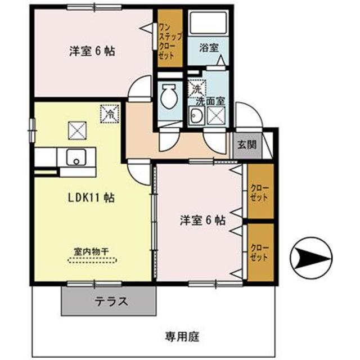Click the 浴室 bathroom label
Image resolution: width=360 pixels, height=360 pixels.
point(209,48)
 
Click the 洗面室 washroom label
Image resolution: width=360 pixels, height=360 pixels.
point(210,101)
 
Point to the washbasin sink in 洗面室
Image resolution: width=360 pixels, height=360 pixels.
point(196,117)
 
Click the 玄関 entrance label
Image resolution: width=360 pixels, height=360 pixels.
point(246,144)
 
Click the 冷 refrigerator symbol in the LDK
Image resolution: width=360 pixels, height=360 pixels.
point(108,114)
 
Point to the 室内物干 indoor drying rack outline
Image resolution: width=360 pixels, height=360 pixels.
point(93,260)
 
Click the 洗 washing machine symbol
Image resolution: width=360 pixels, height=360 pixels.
point(196,88)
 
